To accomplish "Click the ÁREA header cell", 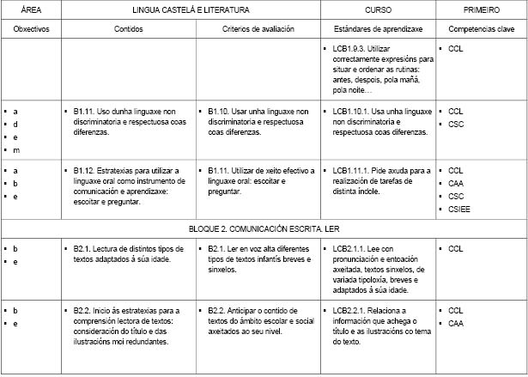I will click(x=30, y=10).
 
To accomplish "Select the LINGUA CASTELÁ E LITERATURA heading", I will click(x=191, y=10).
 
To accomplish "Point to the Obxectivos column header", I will click(x=30, y=29).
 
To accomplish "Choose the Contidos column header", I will click(x=129, y=29).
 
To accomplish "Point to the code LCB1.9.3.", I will click(x=349, y=50).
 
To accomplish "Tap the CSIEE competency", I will click(x=459, y=209).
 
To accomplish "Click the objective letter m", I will click(x=15, y=150).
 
